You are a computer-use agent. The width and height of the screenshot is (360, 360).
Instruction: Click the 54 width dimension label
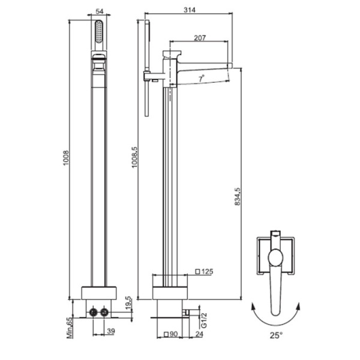[99, 11]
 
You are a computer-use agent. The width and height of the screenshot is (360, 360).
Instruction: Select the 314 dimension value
[190, 10]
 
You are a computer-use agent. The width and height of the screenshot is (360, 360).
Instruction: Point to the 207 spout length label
[200, 38]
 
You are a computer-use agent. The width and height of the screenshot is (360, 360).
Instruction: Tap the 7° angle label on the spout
[202, 79]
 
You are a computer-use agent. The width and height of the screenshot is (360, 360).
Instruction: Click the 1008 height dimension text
[66, 158]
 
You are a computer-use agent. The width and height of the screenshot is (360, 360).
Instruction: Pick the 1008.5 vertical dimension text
[134, 157]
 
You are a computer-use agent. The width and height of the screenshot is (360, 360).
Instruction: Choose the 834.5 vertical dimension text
[238, 197]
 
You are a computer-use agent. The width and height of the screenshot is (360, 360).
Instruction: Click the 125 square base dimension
[204, 272]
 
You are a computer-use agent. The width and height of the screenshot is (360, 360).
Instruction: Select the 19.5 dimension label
[128, 302]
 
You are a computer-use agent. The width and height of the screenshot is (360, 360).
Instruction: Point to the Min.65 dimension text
[70, 328]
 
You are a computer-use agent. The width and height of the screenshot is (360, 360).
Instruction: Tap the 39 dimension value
[111, 331]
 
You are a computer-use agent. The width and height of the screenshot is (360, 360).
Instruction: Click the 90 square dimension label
[171, 334]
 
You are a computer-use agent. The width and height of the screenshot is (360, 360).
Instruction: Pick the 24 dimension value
[199, 334]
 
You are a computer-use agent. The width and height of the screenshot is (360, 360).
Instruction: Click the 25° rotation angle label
[276, 335]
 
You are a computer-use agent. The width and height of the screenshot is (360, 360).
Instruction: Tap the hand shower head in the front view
[99, 31]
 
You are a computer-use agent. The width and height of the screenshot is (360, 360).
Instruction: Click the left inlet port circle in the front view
[93, 312]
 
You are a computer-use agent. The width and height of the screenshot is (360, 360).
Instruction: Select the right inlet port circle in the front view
[104, 312]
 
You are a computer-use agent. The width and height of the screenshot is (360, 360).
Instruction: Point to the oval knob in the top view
[275, 257]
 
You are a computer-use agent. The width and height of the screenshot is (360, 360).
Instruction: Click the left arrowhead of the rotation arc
[253, 306]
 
